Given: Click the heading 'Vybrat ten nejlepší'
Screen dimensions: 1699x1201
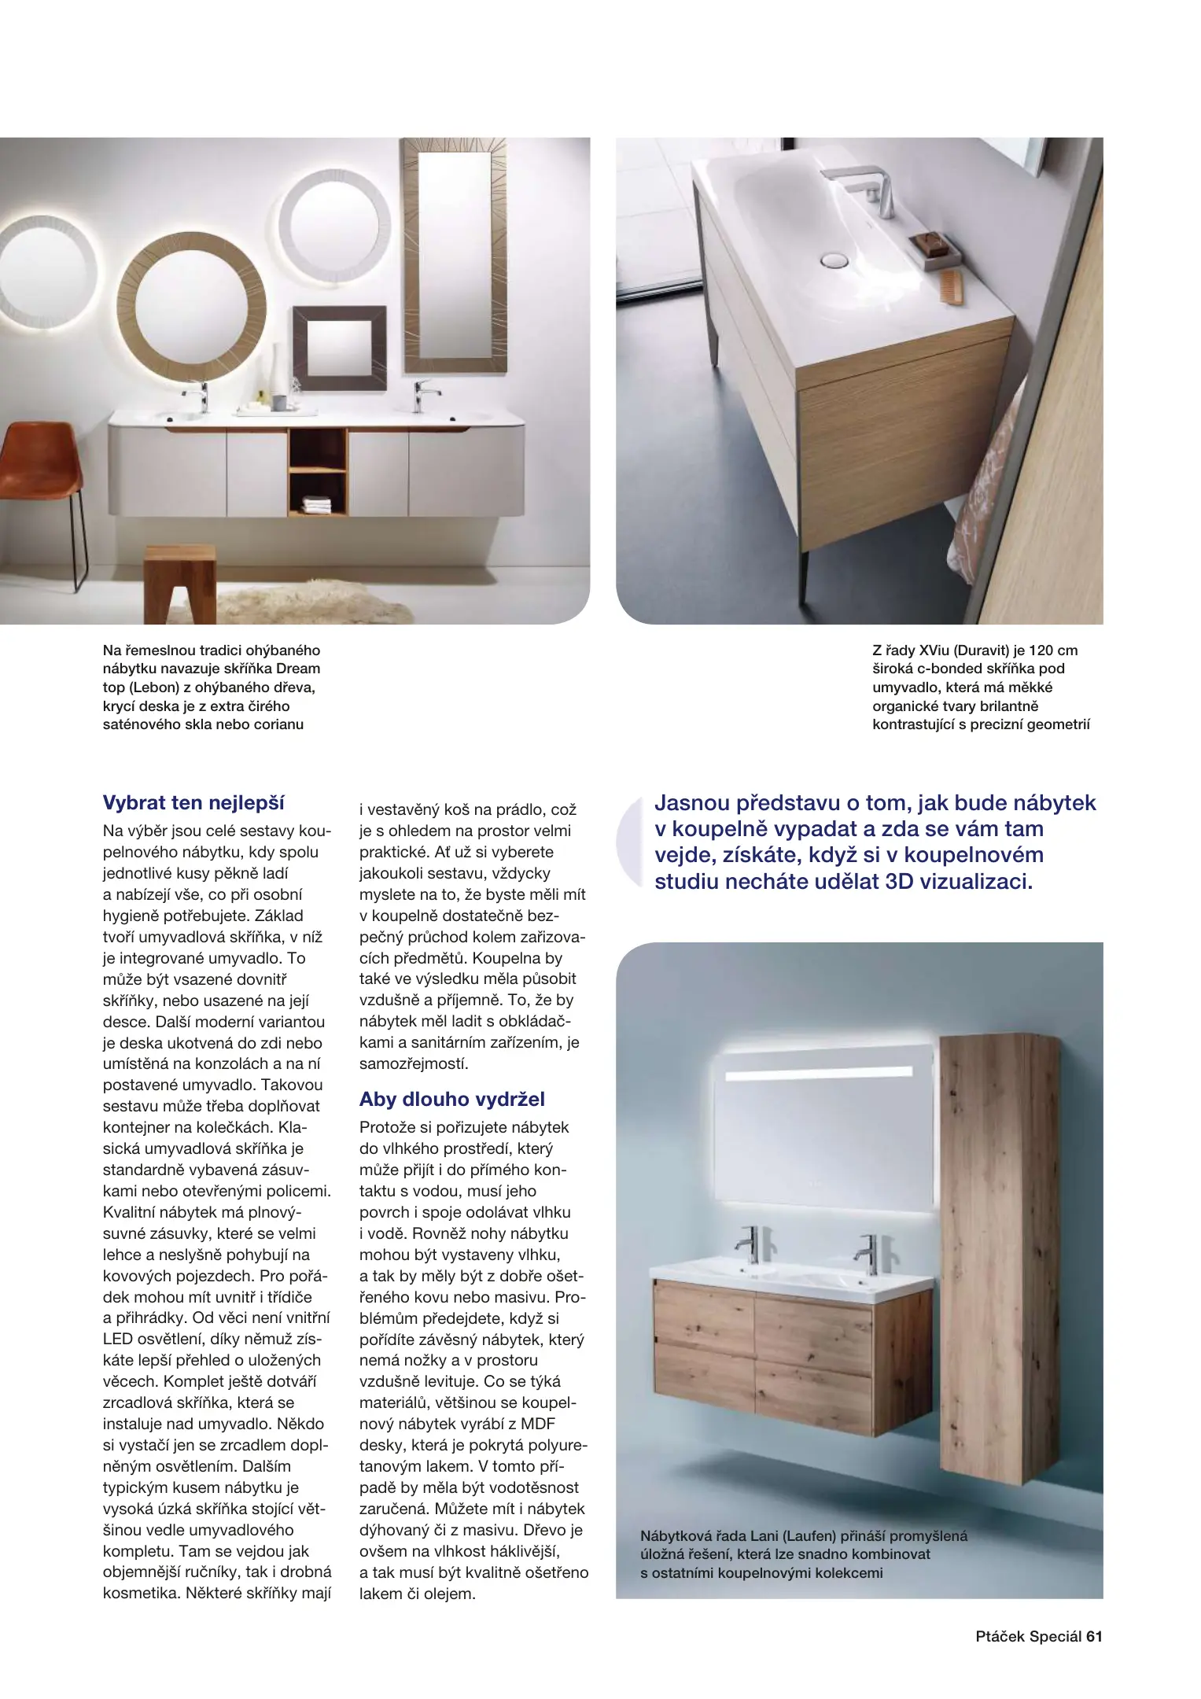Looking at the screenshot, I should [193, 802].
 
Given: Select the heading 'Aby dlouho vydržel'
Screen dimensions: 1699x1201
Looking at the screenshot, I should [451, 1099].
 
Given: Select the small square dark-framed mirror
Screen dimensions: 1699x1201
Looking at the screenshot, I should [339, 348].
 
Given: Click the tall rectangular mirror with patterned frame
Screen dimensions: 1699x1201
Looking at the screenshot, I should [452, 256].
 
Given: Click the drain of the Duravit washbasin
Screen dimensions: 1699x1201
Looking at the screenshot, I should [834, 259].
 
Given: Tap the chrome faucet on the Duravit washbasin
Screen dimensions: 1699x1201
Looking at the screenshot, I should [865, 189].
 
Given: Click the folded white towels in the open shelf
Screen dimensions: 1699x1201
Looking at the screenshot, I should [317, 503].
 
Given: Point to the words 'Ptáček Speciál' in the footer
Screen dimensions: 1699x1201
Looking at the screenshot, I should [1028, 1636].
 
